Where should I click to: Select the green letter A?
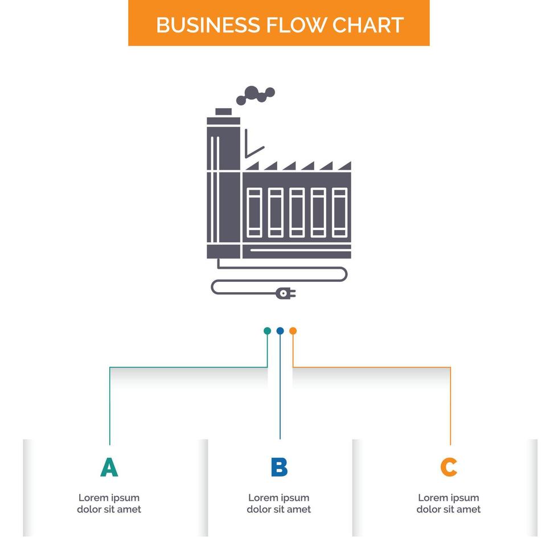click(109, 467)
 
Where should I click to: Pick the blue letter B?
click(279, 467)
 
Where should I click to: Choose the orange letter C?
click(449, 467)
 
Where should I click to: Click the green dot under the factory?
click(267, 331)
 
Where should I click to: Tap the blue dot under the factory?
click(280, 331)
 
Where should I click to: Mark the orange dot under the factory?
click(293, 331)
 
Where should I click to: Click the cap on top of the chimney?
click(223, 112)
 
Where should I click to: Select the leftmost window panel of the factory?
click(254, 212)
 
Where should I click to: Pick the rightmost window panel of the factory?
click(339, 212)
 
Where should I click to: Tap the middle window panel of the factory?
click(297, 212)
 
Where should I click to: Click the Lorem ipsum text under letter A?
click(109, 503)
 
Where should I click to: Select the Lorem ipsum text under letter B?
click(279, 503)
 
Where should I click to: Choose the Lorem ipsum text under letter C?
click(449, 503)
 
